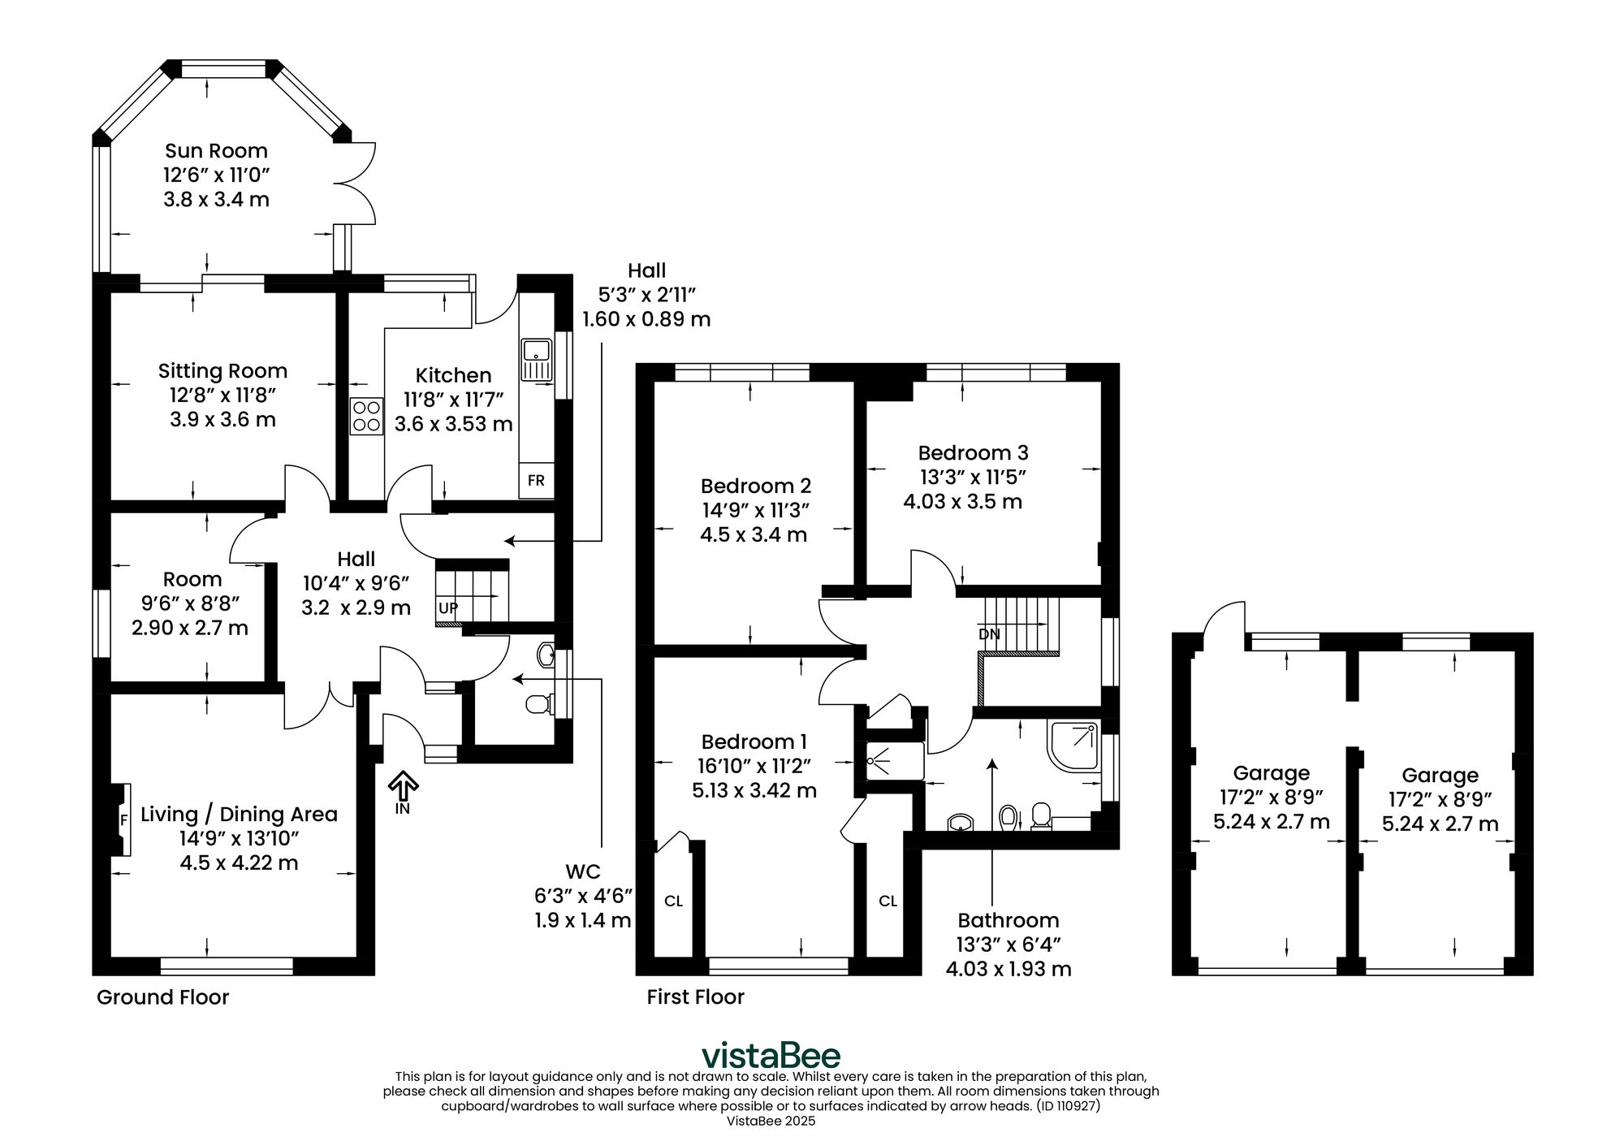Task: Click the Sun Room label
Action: tap(216, 151)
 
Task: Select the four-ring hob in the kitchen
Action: tap(366, 416)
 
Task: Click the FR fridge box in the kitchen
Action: tap(536, 480)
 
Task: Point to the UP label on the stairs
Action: tap(447, 607)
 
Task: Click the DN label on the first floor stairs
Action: tap(989, 634)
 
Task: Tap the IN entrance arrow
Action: tap(403, 792)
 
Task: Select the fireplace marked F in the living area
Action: tap(121, 819)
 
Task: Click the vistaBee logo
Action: tap(771, 1055)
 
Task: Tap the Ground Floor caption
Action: tap(163, 997)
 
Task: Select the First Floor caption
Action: tap(696, 996)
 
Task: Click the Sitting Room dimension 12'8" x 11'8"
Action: tap(223, 396)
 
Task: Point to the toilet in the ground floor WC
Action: tap(538, 703)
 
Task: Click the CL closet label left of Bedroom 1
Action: tap(673, 901)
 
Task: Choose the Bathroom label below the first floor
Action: tap(1009, 920)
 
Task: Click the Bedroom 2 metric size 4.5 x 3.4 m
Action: tap(754, 535)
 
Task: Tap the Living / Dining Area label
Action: tap(239, 815)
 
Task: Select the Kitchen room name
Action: tap(453, 375)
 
